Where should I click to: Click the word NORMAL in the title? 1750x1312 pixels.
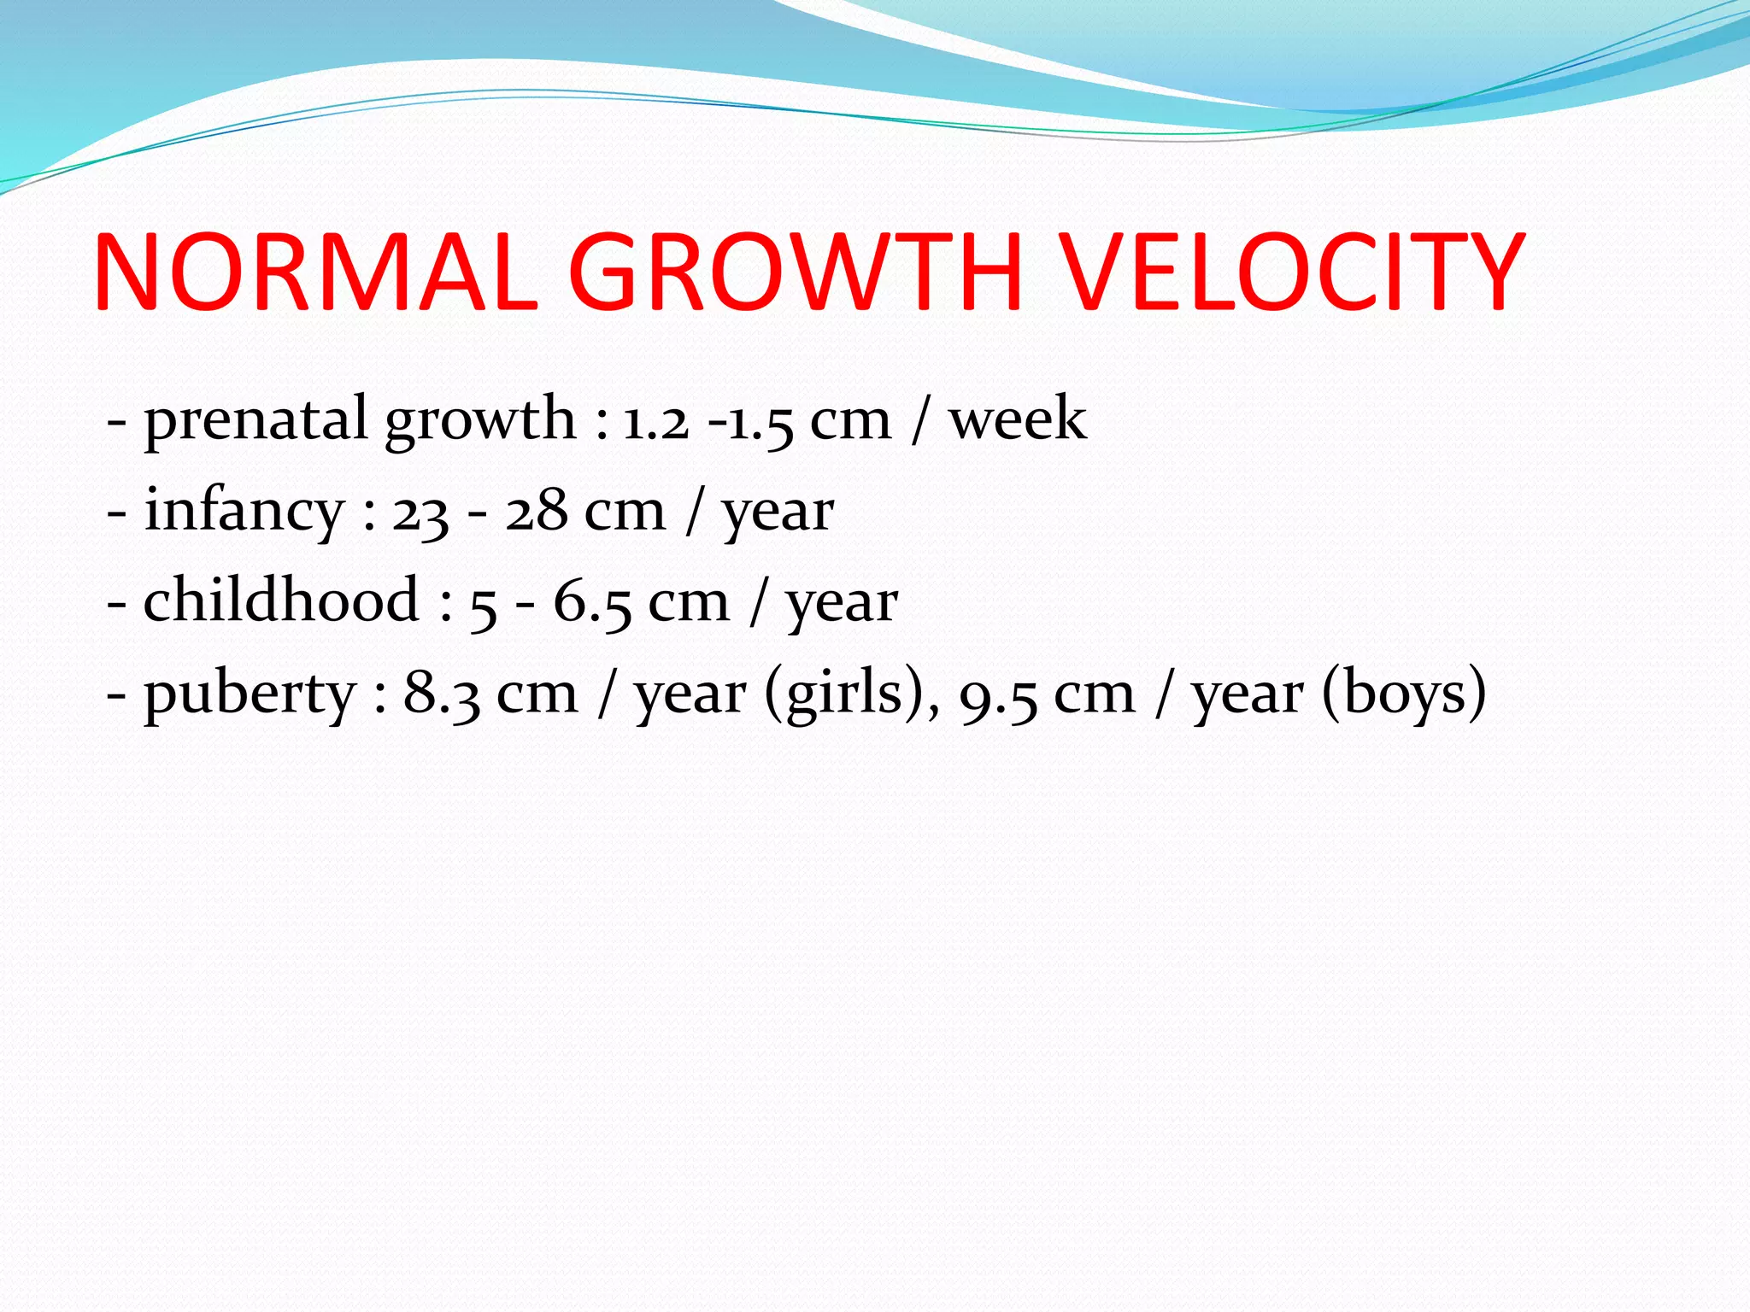pyautogui.click(x=316, y=272)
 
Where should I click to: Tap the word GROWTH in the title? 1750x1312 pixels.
pyautogui.click(x=795, y=272)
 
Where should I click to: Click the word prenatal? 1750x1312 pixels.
pyautogui.click(x=255, y=421)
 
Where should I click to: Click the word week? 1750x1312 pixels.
pyautogui.click(x=1018, y=419)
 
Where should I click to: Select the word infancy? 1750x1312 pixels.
pyautogui.click(x=244, y=512)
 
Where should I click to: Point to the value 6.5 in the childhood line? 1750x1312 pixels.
pyautogui.click(x=592, y=603)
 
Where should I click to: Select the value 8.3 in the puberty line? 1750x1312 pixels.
pyautogui.click(x=442, y=694)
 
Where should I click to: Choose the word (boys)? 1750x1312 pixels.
pyautogui.click(x=1403, y=694)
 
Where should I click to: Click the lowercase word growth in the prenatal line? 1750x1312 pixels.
pyautogui.click(x=480, y=421)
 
